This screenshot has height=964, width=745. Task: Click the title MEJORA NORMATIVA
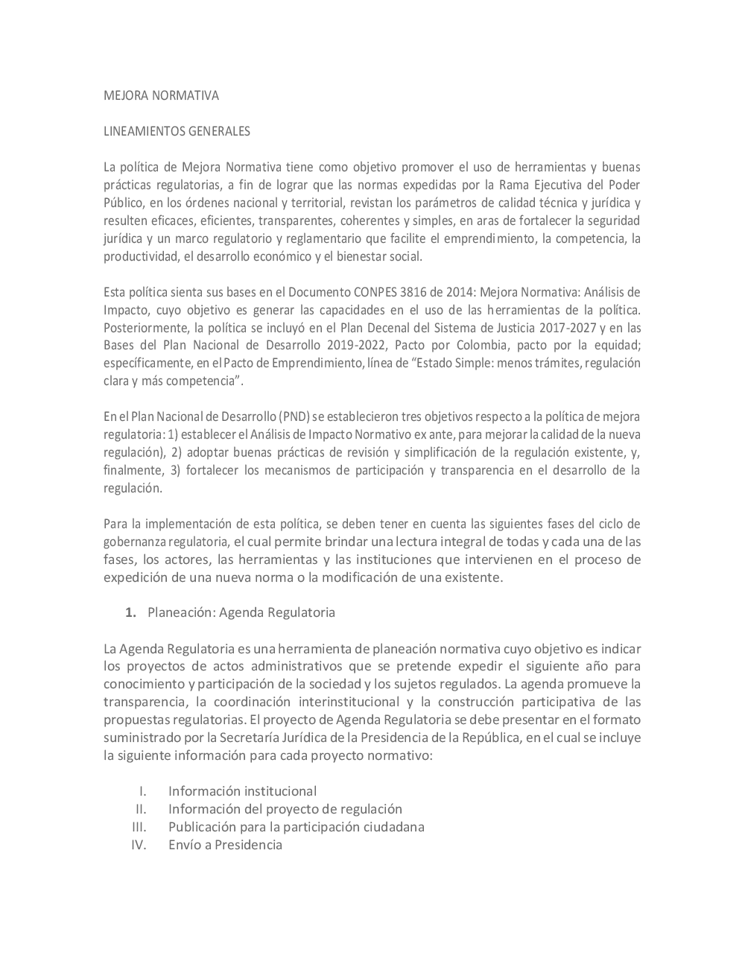tap(160, 95)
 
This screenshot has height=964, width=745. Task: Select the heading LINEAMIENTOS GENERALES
tap(177, 131)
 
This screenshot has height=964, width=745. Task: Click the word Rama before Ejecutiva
tap(522, 185)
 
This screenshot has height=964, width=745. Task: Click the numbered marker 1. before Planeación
tap(131, 612)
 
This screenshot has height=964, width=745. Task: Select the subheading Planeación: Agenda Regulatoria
tap(241, 612)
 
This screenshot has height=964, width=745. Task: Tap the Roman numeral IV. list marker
tap(139, 844)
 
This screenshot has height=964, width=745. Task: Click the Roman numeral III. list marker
tap(139, 826)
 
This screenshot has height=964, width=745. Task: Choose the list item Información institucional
tap(242, 791)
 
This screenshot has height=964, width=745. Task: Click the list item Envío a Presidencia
tap(225, 844)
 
